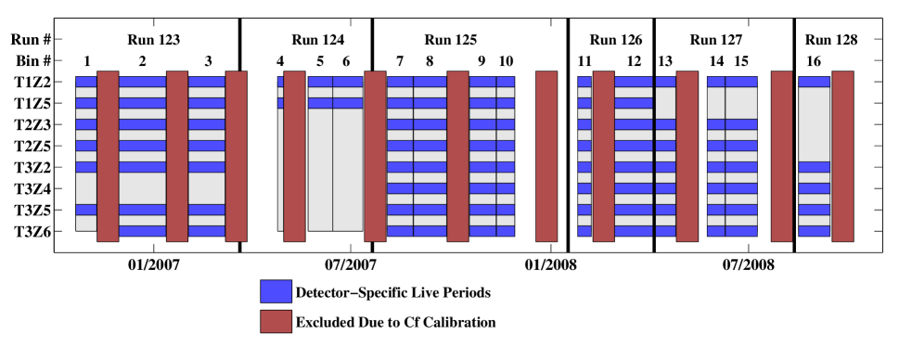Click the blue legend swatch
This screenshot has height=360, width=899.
[276, 291]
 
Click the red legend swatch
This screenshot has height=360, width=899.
[276, 321]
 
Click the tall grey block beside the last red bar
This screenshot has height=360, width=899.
[815, 124]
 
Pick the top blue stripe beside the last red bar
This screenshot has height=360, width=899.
[815, 82]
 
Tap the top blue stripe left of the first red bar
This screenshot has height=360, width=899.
[86, 82]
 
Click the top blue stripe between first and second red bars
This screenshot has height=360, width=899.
[142, 82]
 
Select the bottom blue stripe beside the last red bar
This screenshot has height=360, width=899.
[815, 231]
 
